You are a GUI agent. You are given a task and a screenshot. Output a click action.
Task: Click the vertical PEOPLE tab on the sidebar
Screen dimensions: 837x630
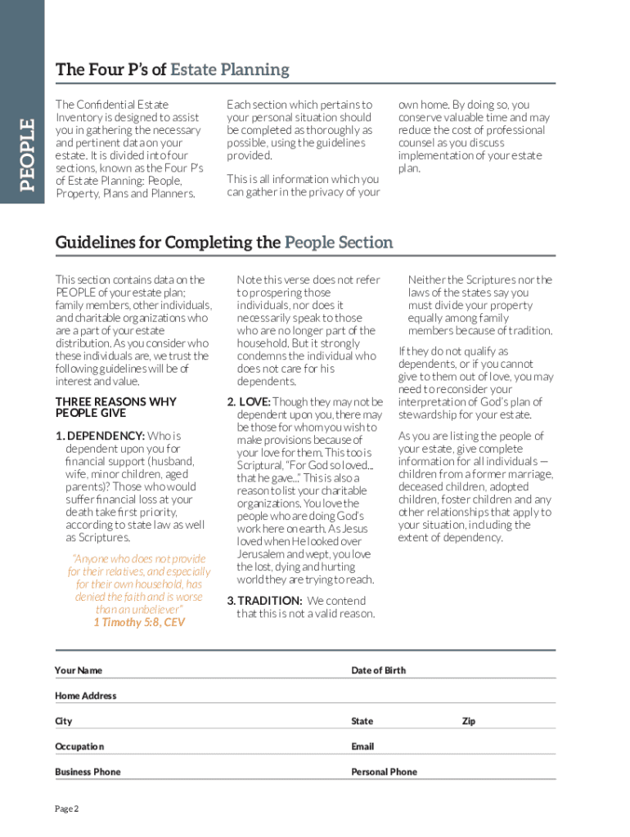tap(27, 154)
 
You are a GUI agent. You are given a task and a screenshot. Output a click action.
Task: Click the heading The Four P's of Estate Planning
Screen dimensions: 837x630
tap(172, 69)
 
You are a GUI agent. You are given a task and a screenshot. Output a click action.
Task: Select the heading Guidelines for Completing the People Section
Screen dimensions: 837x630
tap(223, 243)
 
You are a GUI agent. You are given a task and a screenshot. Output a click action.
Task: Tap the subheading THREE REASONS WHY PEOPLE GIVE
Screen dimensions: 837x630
tap(115, 407)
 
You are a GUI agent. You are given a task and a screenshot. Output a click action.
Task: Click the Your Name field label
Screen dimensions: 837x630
tap(79, 670)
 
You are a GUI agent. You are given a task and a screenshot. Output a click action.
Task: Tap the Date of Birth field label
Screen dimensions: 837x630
tap(378, 670)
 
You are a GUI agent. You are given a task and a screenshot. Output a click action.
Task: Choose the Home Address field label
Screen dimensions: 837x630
tap(85, 696)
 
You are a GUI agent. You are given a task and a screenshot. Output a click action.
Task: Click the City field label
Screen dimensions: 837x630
tap(64, 721)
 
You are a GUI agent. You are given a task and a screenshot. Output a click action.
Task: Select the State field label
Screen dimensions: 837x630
tap(362, 721)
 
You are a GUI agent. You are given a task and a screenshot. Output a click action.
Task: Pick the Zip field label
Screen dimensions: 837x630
tap(468, 721)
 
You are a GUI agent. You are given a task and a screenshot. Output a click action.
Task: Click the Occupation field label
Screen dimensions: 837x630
tap(79, 746)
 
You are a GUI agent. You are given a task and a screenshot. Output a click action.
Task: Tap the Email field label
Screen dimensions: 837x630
tap(362, 746)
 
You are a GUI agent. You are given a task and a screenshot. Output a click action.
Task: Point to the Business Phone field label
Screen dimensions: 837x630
tap(88, 772)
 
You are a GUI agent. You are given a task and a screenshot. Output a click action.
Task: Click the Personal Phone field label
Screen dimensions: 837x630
tap(384, 772)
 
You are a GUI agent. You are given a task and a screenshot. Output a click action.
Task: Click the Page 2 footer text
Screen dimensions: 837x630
tap(66, 809)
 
